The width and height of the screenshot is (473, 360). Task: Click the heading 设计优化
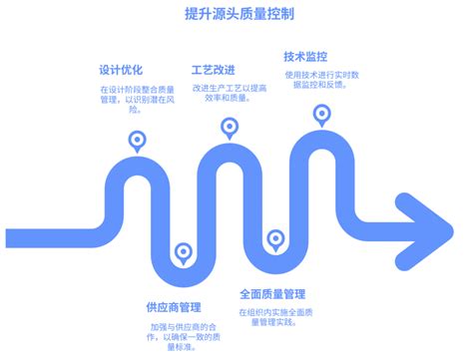coord(120,71)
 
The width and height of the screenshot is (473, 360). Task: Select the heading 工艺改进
coord(214,71)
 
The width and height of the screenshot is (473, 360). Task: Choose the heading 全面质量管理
coord(272,294)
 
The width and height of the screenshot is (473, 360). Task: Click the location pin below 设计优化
coord(137,141)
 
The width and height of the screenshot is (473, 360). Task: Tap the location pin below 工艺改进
coord(230,128)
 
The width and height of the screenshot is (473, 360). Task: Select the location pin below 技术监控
coord(321,115)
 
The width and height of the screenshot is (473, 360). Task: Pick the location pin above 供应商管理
coord(183,252)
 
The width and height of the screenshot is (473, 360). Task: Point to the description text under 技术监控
coord(320,81)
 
